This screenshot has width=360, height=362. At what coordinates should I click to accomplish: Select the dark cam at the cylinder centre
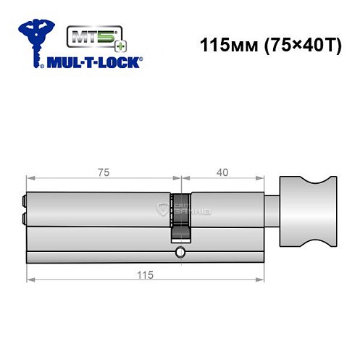coord(180,217)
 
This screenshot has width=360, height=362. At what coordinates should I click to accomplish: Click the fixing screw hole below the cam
coord(180,253)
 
